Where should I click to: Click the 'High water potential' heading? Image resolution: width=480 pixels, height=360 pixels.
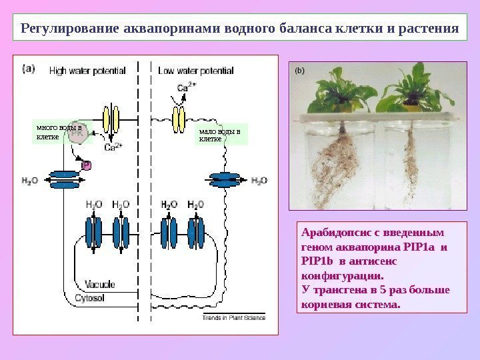point(87,69)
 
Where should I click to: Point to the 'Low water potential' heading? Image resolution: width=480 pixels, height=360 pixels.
point(195,69)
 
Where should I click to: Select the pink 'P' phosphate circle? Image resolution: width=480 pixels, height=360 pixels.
point(86,164)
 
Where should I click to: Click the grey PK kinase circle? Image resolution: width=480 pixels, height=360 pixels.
point(79,134)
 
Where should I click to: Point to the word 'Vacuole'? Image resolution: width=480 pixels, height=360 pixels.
point(100,284)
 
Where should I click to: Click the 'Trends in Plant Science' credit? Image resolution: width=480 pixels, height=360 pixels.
point(233,318)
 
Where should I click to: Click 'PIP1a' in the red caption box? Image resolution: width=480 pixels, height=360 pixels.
point(413,247)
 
